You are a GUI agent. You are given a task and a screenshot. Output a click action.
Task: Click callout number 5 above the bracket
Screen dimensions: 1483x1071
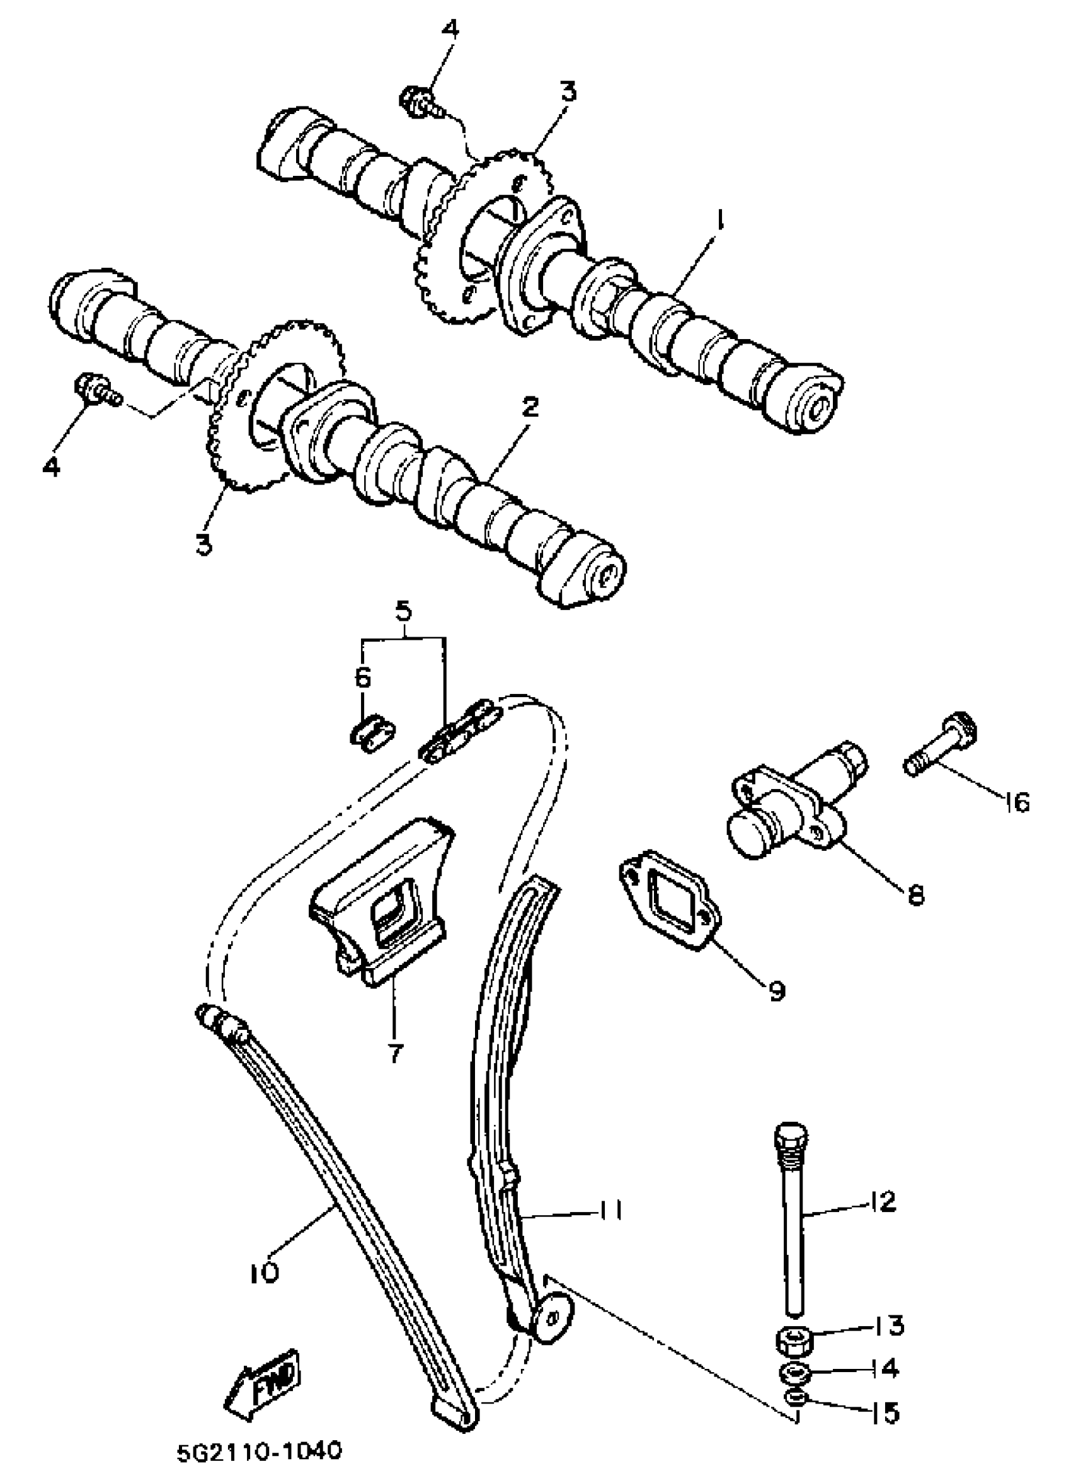403,612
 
